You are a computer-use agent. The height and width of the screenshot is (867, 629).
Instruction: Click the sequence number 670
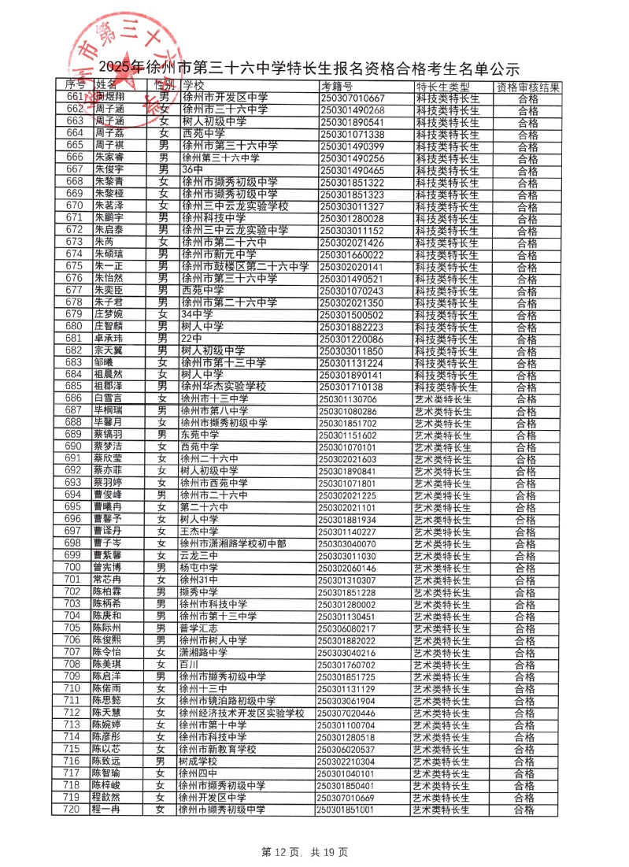(x=75, y=206)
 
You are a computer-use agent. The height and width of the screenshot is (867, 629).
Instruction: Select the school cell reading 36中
(x=193, y=170)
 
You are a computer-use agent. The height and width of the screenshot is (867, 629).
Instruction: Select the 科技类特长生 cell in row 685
(x=446, y=387)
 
